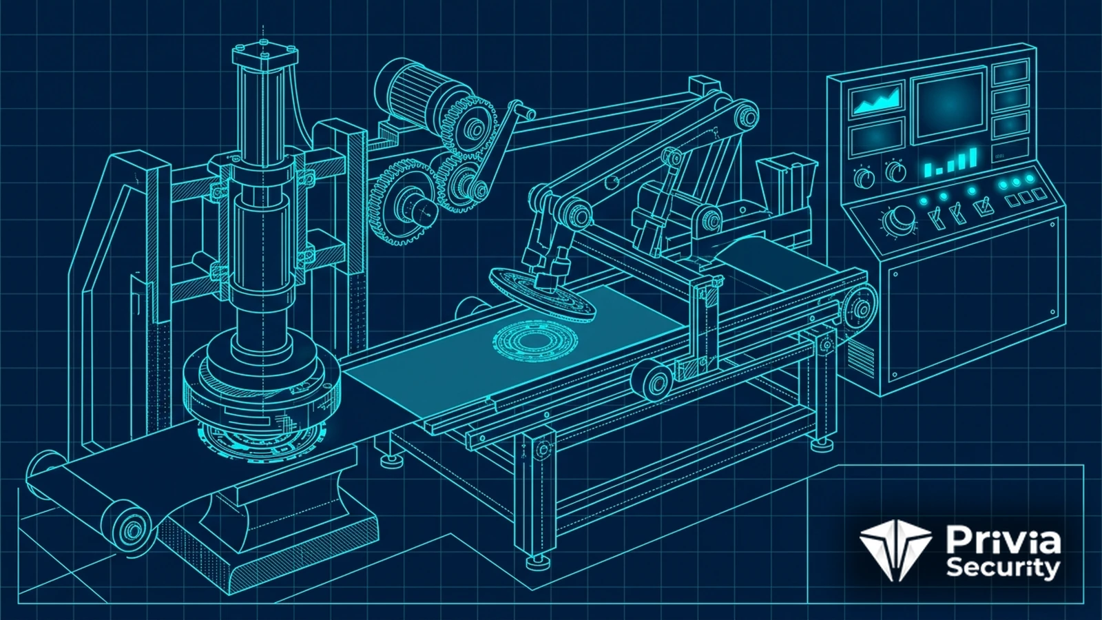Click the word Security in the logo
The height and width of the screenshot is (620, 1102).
pos(1003,569)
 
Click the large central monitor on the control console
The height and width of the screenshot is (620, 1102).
pos(950,105)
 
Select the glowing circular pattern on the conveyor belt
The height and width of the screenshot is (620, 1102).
pos(535,341)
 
